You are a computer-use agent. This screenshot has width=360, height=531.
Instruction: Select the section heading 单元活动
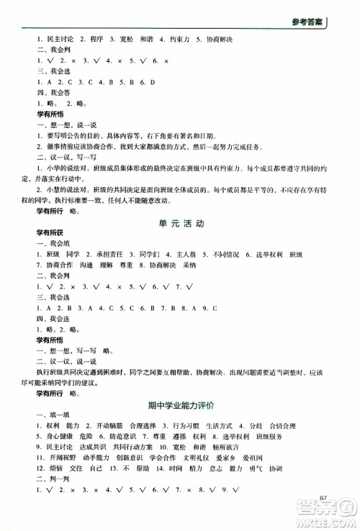click(180, 224)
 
